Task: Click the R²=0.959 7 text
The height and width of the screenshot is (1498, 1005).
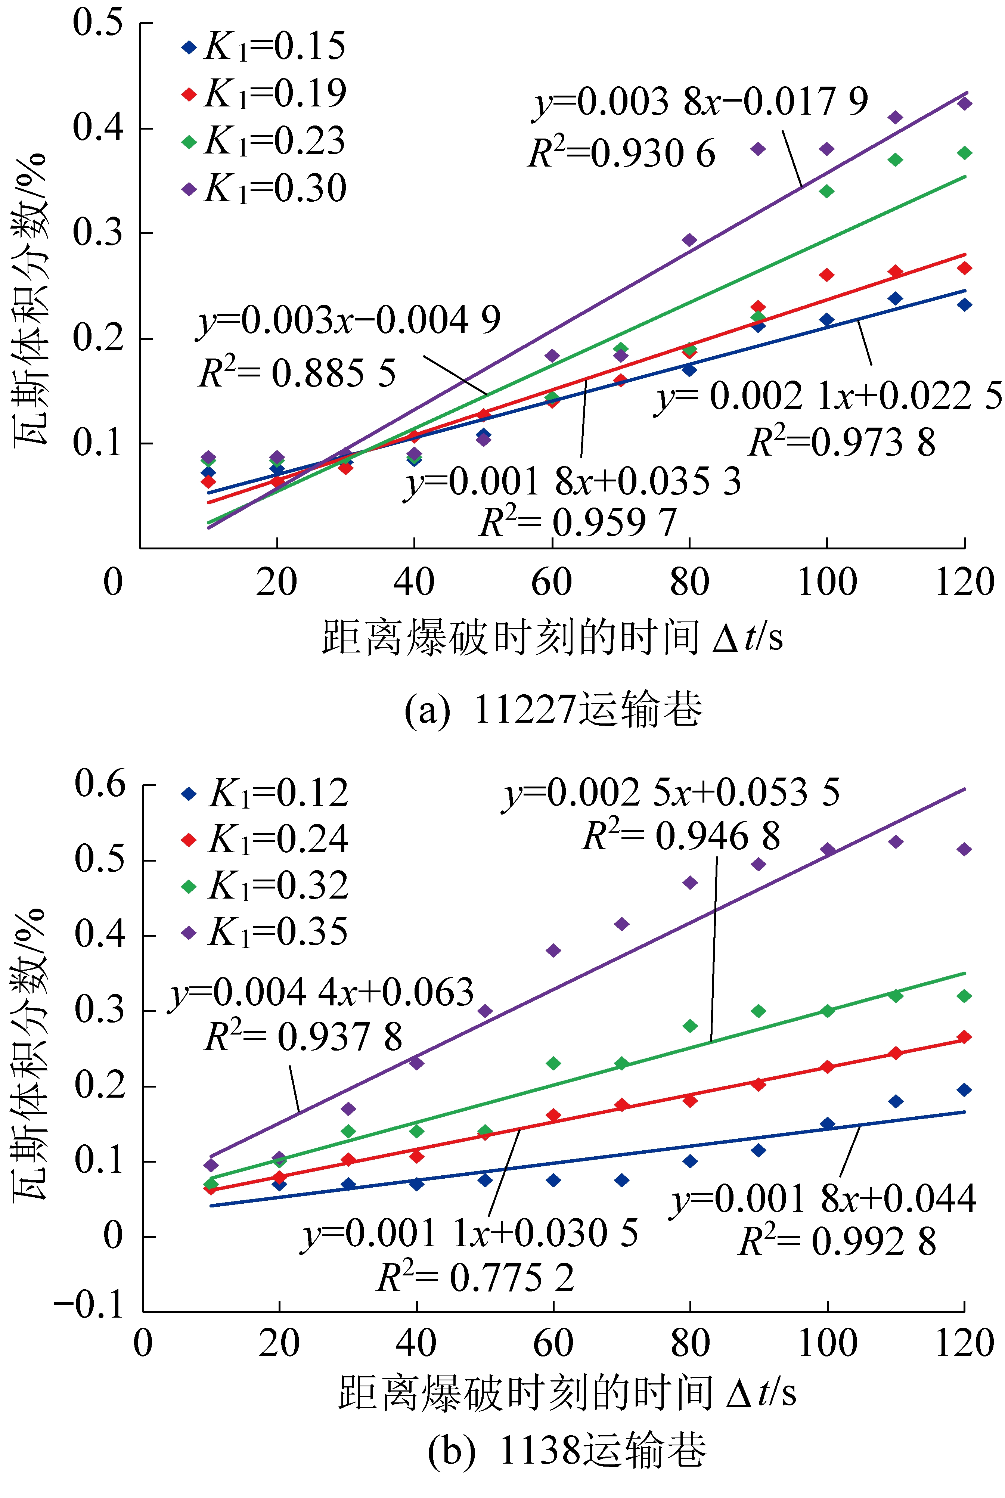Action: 578,522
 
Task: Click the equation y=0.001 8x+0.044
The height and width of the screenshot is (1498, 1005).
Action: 823,1198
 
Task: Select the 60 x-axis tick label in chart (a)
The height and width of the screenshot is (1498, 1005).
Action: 551,582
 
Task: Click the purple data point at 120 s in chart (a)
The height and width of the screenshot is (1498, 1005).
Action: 964,103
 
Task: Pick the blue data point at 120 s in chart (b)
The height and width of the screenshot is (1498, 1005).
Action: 964,1090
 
